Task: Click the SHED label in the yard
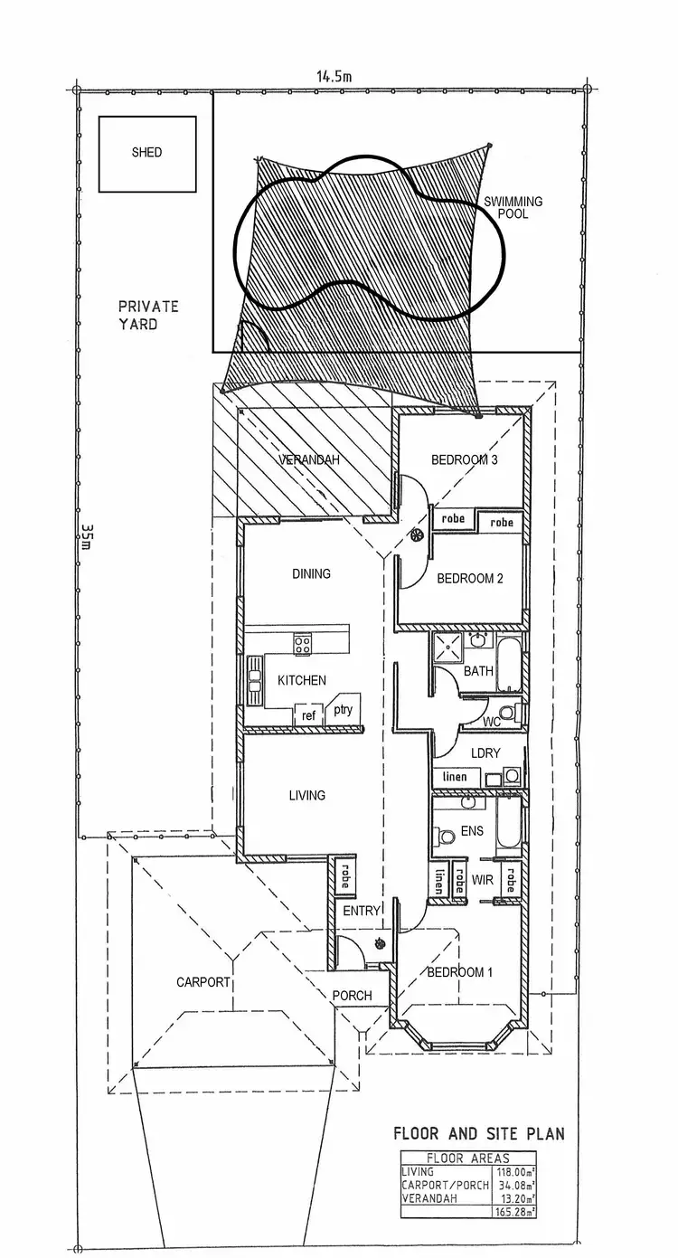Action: coord(146,153)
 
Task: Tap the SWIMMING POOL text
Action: coord(513,207)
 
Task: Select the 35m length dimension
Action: coord(86,539)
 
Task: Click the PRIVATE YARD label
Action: coord(148,315)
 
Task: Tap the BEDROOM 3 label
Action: coord(465,459)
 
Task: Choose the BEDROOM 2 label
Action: coord(469,579)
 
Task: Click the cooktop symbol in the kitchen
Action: coord(303,645)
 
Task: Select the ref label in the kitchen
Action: coord(308,715)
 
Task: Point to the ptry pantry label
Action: coord(343,710)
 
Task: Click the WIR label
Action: coord(480,877)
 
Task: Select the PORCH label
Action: coord(352,996)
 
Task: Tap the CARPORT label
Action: coord(203,981)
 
